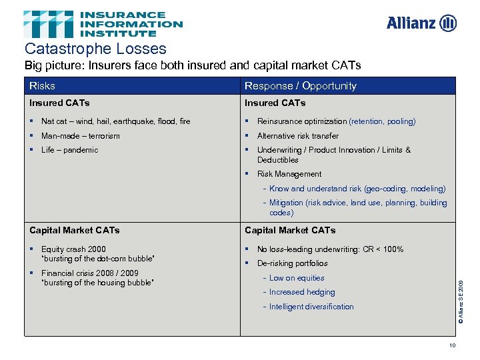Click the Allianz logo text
tap(412, 23)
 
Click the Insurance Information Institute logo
tap(103, 24)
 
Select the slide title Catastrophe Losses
tap(95, 49)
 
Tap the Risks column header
tap(42, 85)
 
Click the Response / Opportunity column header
tap(300, 85)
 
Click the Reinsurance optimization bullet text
tap(302, 121)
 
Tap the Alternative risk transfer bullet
tap(297, 136)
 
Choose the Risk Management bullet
tap(289, 174)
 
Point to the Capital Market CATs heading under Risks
tap(75, 230)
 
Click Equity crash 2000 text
tap(73, 249)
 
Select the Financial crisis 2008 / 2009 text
tap(90, 273)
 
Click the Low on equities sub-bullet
tap(297, 278)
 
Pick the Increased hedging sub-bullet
tap(302, 292)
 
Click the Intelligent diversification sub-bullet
tap(311, 307)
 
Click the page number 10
tap(453, 345)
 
